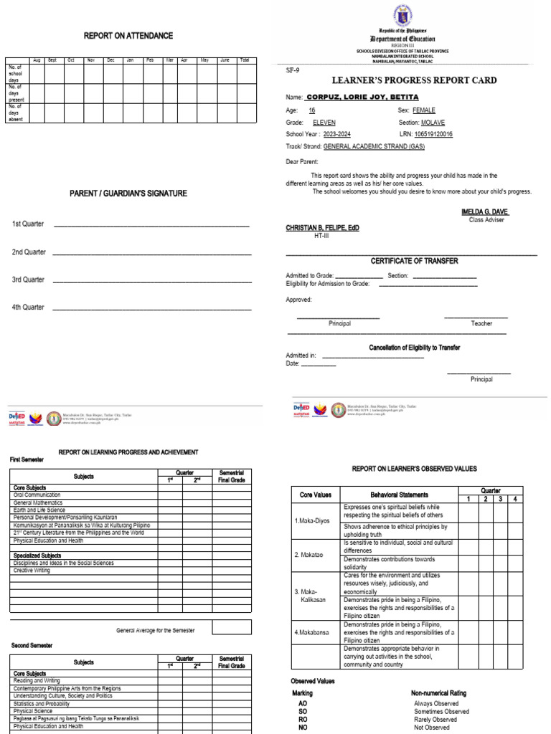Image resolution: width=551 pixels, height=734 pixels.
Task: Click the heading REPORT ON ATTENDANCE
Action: [128, 36]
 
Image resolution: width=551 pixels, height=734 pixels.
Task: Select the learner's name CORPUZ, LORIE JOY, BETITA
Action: [362, 97]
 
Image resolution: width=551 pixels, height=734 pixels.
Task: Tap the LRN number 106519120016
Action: [433, 134]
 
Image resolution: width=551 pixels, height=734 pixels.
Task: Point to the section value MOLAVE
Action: [433, 123]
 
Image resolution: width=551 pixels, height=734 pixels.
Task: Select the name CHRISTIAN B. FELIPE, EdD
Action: [323, 228]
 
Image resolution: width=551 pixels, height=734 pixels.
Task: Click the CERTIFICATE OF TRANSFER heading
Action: [414, 261]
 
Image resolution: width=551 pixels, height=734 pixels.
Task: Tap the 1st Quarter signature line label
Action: [28, 224]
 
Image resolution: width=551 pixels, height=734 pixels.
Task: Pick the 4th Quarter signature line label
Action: [28, 308]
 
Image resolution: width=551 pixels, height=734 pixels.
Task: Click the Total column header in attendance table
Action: [245, 60]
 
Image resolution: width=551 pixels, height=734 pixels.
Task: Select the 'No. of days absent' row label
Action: [16, 113]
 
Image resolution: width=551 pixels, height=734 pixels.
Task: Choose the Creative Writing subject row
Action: [33, 571]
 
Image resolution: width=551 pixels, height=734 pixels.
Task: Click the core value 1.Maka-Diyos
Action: [312, 521]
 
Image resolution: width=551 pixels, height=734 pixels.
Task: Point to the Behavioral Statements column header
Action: [399, 495]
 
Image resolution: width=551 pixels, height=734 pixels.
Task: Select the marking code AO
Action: [303, 704]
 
